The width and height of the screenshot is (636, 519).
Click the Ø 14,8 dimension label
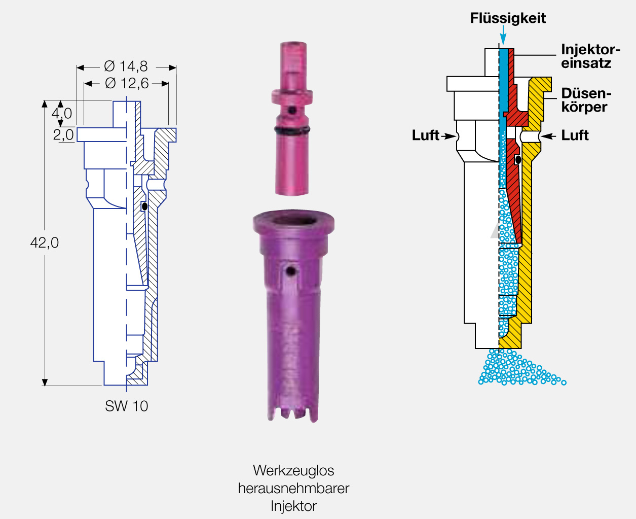(x=126, y=66)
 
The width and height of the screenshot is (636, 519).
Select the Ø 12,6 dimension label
(x=127, y=83)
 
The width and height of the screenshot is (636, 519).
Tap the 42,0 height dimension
(x=45, y=243)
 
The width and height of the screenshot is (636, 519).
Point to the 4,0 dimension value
(x=61, y=114)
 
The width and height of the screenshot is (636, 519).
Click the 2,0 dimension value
(x=63, y=135)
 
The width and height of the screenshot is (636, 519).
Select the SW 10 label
(x=126, y=406)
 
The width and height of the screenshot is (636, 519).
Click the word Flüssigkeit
(x=508, y=18)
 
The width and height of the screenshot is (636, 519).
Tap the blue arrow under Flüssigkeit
(x=503, y=35)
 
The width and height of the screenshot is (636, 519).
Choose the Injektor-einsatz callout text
(x=590, y=56)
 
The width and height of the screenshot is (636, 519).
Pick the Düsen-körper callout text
(x=586, y=100)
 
